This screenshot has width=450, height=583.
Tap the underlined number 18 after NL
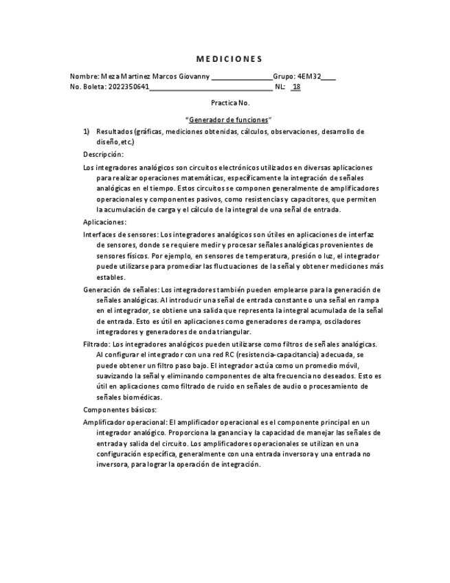click(x=296, y=87)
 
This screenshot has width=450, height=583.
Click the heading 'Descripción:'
click(x=103, y=154)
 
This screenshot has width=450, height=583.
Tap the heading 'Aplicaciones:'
click(x=105, y=222)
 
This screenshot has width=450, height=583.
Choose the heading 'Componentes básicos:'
click(x=120, y=410)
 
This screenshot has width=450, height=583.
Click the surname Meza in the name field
click(x=110, y=76)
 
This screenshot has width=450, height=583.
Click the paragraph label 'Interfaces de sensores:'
click(x=121, y=234)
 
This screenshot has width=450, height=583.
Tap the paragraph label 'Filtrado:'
click(x=97, y=344)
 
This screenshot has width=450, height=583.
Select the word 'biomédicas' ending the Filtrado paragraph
click(x=142, y=397)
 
